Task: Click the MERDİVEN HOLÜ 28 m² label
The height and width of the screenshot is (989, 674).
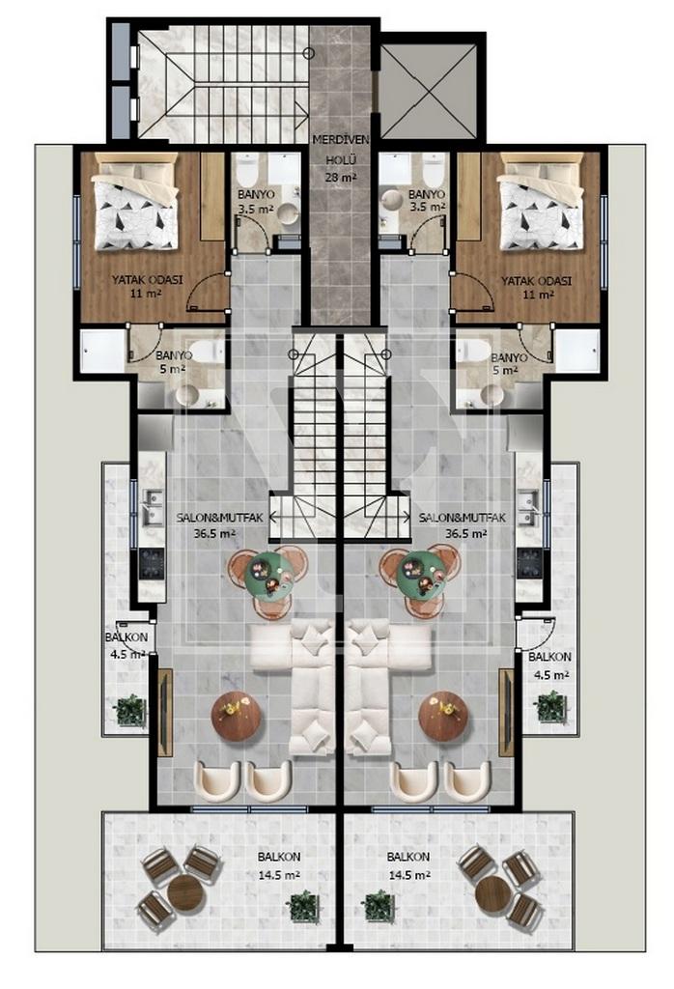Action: [x=341, y=157]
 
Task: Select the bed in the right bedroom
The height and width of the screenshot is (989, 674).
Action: [x=541, y=203]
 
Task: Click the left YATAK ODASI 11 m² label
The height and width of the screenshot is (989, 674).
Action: [x=147, y=286]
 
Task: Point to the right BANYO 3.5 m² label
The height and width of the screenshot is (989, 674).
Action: [x=427, y=201]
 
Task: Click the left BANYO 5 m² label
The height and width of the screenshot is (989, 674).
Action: [x=174, y=363]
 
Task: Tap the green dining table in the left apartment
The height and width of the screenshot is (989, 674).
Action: [x=268, y=574]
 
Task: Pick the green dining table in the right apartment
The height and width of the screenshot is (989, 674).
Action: [x=421, y=574]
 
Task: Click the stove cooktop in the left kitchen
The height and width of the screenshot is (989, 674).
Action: [x=152, y=563]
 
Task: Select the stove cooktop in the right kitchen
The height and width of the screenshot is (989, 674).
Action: [x=529, y=563]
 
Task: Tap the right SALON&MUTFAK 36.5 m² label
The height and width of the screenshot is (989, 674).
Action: [x=463, y=525]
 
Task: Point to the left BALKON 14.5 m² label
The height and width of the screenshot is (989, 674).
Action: [x=279, y=866]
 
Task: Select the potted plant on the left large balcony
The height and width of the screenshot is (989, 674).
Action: [x=304, y=907]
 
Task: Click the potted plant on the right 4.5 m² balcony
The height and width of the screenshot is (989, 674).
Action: [x=549, y=706]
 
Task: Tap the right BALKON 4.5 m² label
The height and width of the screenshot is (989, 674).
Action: [x=549, y=665]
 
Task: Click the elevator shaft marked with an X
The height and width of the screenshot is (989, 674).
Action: [x=430, y=92]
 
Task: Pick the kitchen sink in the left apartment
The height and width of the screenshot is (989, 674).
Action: [x=151, y=508]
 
